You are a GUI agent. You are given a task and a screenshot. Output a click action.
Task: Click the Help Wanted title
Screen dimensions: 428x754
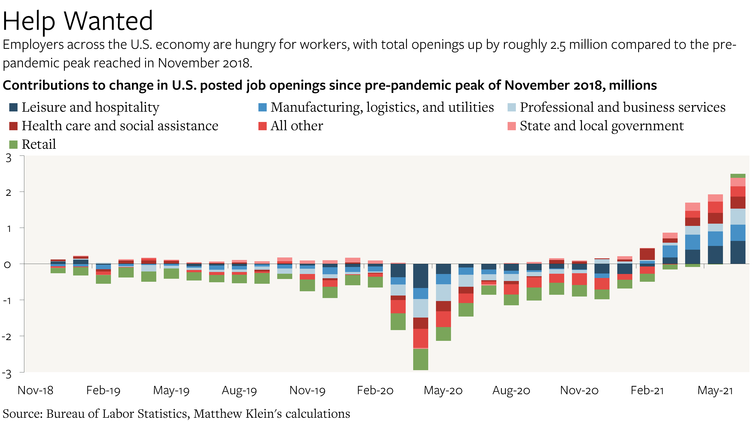tap(78, 21)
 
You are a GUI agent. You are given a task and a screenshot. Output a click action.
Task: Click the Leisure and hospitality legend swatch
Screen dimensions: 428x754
tap(14, 107)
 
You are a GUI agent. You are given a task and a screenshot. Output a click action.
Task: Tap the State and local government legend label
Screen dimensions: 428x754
tap(601, 126)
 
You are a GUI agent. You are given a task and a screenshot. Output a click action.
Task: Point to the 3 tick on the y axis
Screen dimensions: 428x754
tap(9, 158)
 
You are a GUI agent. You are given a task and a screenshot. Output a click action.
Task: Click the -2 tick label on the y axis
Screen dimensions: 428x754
tap(7, 337)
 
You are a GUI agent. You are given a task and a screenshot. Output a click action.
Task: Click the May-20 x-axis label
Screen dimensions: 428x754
tap(443, 390)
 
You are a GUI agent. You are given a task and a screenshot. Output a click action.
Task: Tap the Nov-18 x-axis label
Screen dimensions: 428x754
tap(36, 390)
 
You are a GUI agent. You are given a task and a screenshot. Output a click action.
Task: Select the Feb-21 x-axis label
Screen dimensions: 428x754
tap(647, 390)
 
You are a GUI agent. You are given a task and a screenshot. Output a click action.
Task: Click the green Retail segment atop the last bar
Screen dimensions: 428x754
tap(737, 176)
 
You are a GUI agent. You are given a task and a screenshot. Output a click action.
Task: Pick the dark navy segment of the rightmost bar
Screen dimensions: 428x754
tap(737, 252)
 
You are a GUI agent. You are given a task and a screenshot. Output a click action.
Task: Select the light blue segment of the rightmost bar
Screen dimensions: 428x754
tap(737, 217)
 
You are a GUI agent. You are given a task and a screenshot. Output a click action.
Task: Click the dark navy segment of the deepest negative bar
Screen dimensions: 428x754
tap(420, 276)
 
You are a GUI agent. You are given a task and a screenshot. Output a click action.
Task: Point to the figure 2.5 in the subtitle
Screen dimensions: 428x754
tap(558, 45)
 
